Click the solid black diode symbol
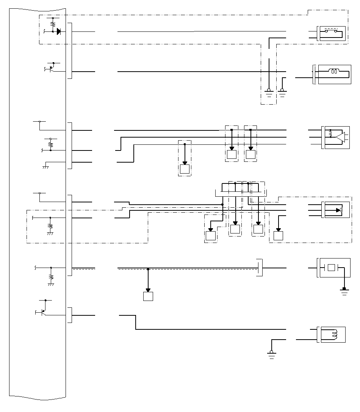(x=59, y=31)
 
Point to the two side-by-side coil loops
(x=334, y=71)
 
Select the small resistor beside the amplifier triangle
(x=330, y=133)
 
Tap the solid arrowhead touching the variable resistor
(x=338, y=210)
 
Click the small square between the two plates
(x=332, y=268)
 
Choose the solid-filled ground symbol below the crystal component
(x=344, y=290)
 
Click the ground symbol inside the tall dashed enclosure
(x=269, y=92)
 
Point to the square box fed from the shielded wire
(x=148, y=296)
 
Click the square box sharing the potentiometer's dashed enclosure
(x=279, y=235)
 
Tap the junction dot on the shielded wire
(x=148, y=269)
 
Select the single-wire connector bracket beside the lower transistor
(x=69, y=315)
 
